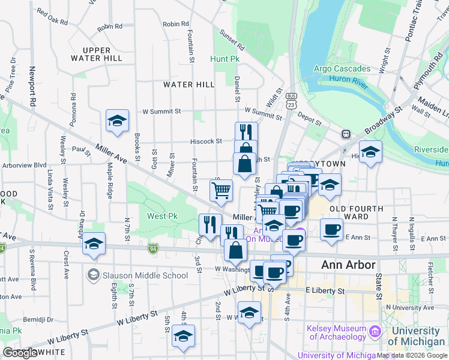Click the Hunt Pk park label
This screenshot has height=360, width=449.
(224, 59)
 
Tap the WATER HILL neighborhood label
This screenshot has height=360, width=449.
(189, 85)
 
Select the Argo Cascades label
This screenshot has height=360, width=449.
(340, 68)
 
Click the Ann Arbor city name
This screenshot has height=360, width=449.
(348, 265)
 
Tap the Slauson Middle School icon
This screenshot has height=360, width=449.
(93, 275)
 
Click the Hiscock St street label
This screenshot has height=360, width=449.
(206, 142)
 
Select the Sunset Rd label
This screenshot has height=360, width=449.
(232, 40)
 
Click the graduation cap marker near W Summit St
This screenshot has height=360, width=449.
(118, 121)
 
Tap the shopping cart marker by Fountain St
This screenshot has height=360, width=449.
(221, 191)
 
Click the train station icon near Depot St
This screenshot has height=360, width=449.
(346, 134)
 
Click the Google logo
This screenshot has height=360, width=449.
(20, 353)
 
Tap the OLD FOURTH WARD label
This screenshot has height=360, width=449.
(357, 212)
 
